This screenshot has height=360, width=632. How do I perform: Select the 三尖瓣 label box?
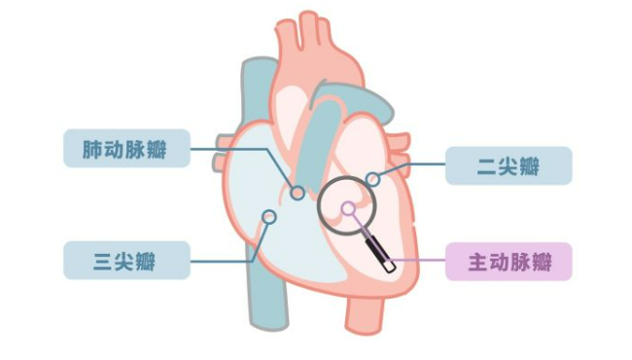[126, 260]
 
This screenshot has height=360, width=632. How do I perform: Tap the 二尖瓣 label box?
[509, 166]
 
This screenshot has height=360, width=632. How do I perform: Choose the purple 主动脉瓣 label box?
[509, 261]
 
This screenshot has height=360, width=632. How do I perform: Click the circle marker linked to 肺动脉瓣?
[298, 193]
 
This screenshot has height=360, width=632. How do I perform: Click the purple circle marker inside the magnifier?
[348, 207]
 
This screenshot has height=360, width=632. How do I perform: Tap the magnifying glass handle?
[380, 255]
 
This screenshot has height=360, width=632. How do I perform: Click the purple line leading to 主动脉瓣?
[418, 261]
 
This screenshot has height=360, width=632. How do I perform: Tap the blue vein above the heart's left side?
[255, 88]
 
